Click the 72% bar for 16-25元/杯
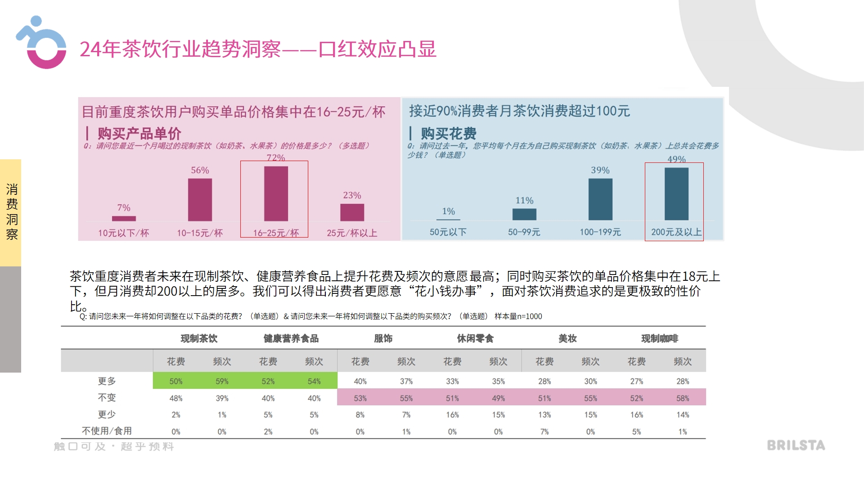(x=276, y=193)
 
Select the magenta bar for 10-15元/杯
(x=200, y=199)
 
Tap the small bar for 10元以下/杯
(x=124, y=218)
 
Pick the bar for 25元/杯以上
(x=352, y=212)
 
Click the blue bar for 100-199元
(x=600, y=199)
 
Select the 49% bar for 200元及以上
(x=676, y=193)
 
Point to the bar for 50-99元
(x=524, y=214)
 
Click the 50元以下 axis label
(x=448, y=232)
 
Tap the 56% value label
(x=200, y=170)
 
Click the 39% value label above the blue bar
(x=600, y=170)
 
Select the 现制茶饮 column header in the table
(x=199, y=338)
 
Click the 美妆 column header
(x=567, y=338)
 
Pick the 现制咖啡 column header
(x=660, y=338)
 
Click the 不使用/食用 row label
(x=107, y=431)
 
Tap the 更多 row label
(x=107, y=381)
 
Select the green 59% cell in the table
(x=222, y=381)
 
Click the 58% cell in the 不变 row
(x=683, y=398)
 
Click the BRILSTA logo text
(x=796, y=445)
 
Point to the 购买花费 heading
(x=448, y=133)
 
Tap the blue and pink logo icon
(x=42, y=43)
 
